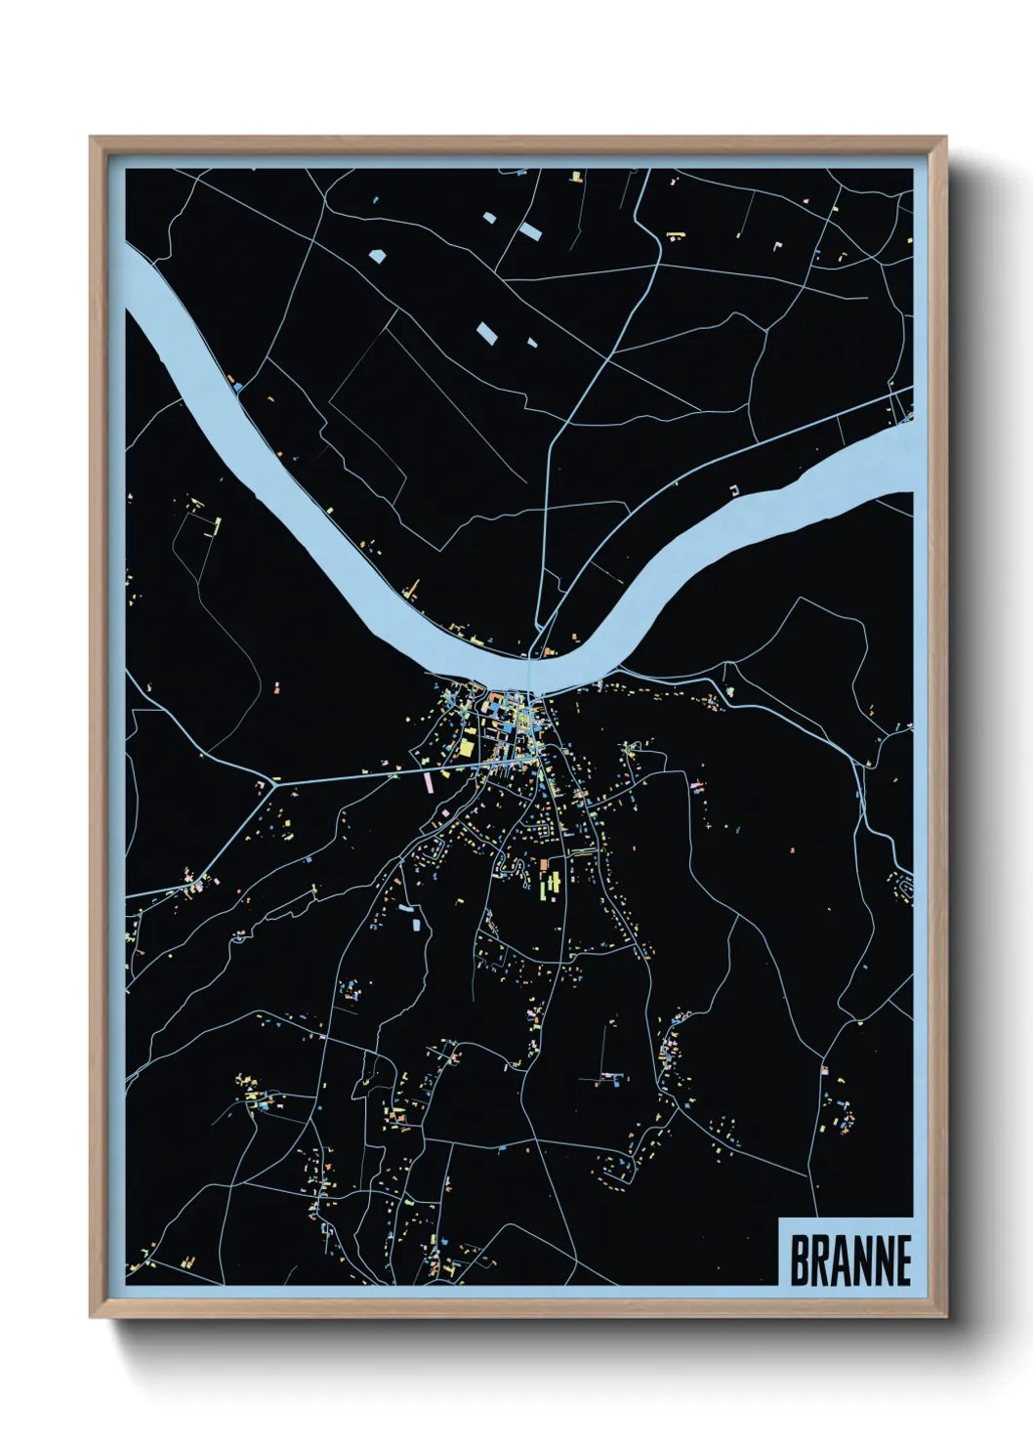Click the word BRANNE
pos(849,1260)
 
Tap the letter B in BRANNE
pos(799,1260)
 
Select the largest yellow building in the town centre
pos(467,748)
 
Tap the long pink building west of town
pos(428,780)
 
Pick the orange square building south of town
pos(544,865)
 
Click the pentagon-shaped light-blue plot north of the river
pos(378,256)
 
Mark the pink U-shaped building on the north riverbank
pos(736,488)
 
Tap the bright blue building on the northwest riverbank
pos(237,387)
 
